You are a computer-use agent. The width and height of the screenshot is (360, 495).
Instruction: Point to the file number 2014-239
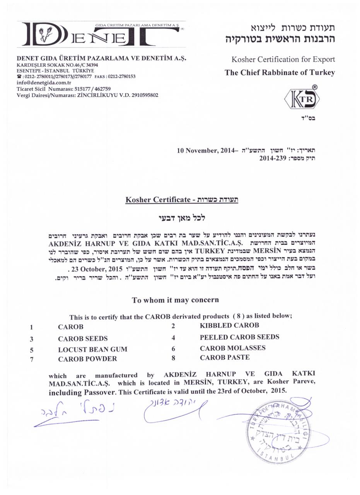click(273, 158)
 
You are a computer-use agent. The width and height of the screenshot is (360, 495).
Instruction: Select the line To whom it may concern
click(175, 300)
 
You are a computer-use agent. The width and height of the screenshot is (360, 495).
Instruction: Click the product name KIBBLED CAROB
click(229, 325)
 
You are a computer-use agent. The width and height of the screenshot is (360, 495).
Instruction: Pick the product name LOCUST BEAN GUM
click(92, 349)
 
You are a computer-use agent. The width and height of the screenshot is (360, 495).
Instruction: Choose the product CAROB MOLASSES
click(232, 348)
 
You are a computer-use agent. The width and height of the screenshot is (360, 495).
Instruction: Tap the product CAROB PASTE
click(225, 357)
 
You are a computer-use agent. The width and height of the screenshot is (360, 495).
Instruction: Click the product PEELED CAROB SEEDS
click(239, 337)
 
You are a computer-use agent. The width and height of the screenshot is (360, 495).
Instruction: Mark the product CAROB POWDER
click(87, 358)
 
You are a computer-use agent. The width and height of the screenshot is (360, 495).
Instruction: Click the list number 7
click(32, 359)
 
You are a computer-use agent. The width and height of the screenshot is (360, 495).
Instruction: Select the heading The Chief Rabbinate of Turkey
click(280, 72)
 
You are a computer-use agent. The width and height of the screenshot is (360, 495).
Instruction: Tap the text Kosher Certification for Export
click(283, 59)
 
